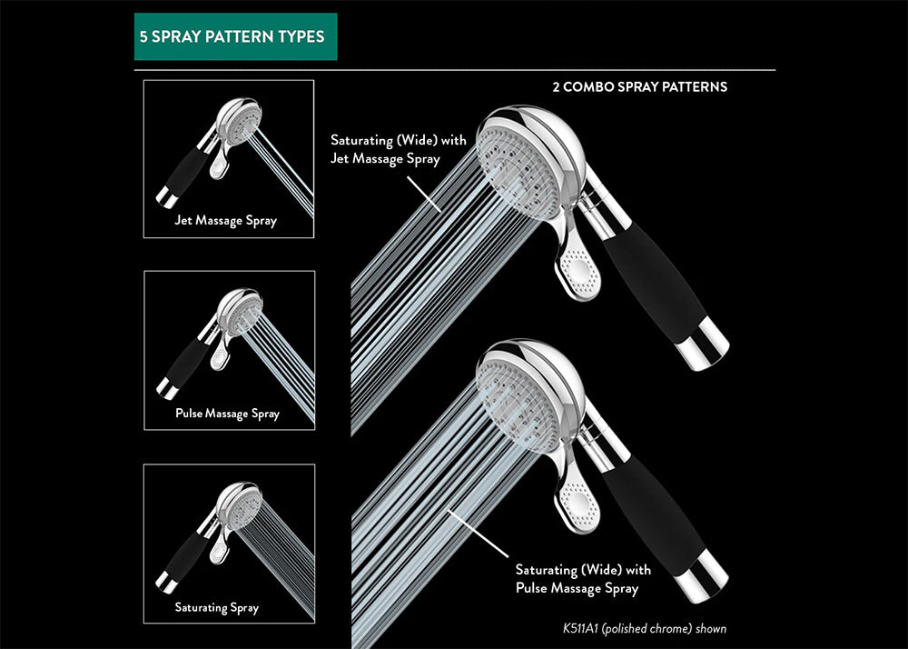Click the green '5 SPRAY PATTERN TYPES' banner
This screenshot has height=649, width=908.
(235, 37)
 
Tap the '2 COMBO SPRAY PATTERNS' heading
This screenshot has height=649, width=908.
(639, 88)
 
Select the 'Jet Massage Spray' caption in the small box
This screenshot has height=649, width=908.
(226, 221)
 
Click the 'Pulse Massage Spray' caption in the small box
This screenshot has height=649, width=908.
(227, 414)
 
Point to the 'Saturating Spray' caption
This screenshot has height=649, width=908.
(217, 607)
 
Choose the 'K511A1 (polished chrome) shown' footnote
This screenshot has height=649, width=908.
(645, 628)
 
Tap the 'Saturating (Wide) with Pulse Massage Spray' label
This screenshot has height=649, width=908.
(583, 579)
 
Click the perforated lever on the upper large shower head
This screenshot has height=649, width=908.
(579, 267)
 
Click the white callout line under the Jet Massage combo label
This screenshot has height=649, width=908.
(424, 193)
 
